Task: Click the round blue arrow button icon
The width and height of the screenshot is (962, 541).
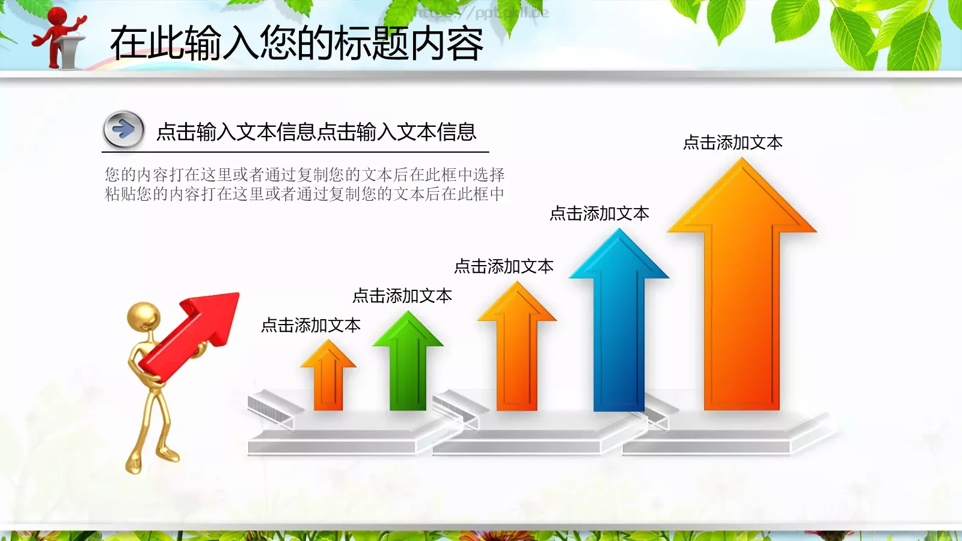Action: [x=123, y=129]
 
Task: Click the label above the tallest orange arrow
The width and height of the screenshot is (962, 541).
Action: [x=732, y=143]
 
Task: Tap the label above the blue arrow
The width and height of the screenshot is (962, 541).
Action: [x=599, y=214]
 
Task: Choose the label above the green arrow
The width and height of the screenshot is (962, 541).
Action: [x=402, y=296]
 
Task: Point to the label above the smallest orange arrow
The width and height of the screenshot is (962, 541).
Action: [x=310, y=326]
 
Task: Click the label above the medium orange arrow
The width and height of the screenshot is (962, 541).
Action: [x=503, y=266]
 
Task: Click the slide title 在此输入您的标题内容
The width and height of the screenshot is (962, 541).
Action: [x=296, y=43]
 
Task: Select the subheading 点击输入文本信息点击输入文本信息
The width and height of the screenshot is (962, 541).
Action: [x=316, y=132]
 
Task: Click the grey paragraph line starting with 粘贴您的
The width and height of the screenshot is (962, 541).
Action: [x=304, y=194]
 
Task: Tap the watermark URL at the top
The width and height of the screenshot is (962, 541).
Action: [x=481, y=12]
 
